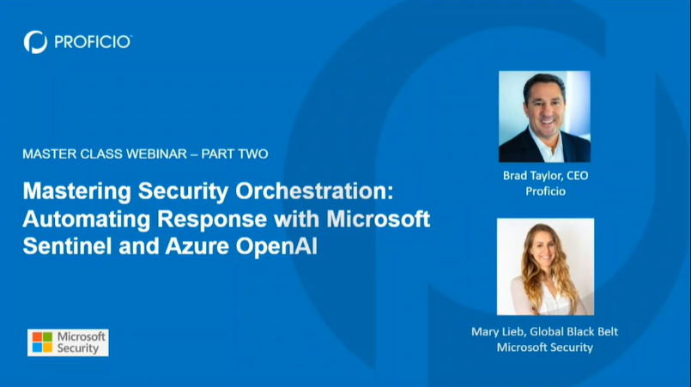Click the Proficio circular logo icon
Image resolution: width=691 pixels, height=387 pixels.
coord(35,41)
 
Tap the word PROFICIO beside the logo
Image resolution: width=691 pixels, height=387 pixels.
coord(92,41)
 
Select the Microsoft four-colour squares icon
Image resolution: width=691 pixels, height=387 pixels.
coord(42,342)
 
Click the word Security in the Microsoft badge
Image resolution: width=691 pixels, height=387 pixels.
coord(79,348)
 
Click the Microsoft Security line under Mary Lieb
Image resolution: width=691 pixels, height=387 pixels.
coord(544,348)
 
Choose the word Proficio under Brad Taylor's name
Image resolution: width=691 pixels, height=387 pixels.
coord(544,190)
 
